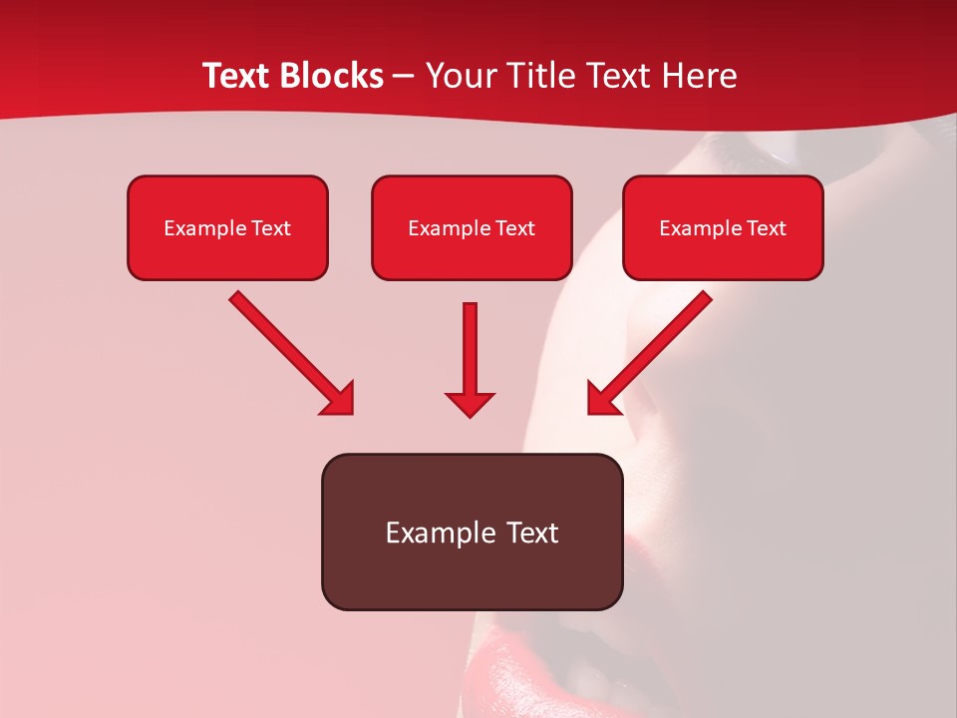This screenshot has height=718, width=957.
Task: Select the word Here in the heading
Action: (699, 76)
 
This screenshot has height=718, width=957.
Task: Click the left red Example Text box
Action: (227, 228)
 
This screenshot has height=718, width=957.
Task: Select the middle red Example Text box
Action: (472, 228)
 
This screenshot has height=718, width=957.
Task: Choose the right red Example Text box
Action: (723, 228)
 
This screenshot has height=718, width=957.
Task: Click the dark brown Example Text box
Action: (472, 532)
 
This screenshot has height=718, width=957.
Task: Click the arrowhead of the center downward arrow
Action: (470, 404)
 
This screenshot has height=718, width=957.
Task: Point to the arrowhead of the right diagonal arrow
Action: (602, 400)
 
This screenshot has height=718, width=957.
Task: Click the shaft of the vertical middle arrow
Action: (470, 344)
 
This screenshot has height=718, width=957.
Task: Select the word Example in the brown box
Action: (441, 533)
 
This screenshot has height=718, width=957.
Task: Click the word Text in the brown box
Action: (532, 533)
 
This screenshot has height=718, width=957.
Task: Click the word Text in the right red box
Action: (766, 228)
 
